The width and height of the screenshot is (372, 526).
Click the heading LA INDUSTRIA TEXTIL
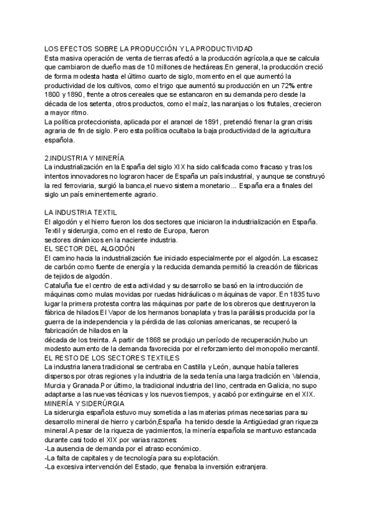81,212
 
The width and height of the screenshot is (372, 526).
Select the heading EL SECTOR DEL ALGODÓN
89,248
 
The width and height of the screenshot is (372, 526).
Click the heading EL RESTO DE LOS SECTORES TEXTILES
112,358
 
